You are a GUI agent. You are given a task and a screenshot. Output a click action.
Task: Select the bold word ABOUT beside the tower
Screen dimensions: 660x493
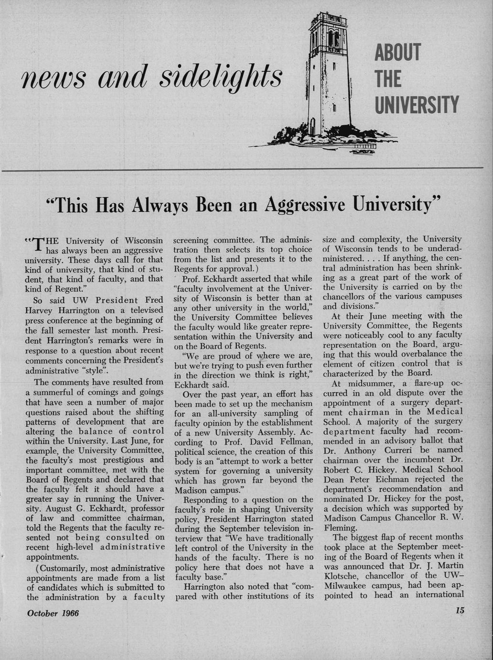pos(397,53)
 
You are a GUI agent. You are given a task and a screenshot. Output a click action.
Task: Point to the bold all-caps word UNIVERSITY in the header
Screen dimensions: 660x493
pos(417,105)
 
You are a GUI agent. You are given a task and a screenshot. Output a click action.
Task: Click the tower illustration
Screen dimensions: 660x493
pos(329,77)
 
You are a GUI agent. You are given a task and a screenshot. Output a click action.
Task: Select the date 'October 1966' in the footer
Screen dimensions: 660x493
pos(53,613)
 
